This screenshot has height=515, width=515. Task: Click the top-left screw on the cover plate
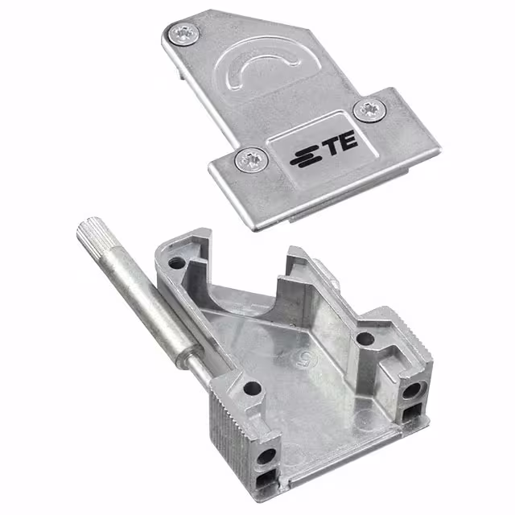184,34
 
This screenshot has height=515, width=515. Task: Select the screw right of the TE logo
369,110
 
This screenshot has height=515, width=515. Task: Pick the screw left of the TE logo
252,159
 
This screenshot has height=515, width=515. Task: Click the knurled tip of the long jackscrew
95,233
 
